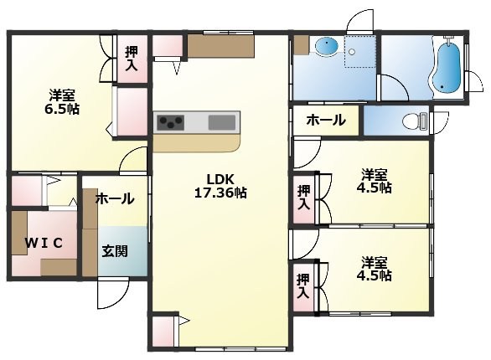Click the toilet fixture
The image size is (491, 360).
pos(412,121)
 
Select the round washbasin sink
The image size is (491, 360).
pos(326,48)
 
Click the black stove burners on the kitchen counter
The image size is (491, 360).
pos(170,122)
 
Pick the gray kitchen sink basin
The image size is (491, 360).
pos(221,122)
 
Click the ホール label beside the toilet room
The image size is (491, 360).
pos(325,120)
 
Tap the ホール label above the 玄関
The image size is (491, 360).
pos(114,198)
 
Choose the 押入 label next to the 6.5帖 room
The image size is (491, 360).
pos(131,60)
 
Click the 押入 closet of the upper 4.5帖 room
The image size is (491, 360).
pos(303,198)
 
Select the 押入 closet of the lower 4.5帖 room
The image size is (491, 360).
pos(303,285)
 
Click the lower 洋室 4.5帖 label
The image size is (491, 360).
pos(375,268)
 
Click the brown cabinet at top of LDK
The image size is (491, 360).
pos(220,46)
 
